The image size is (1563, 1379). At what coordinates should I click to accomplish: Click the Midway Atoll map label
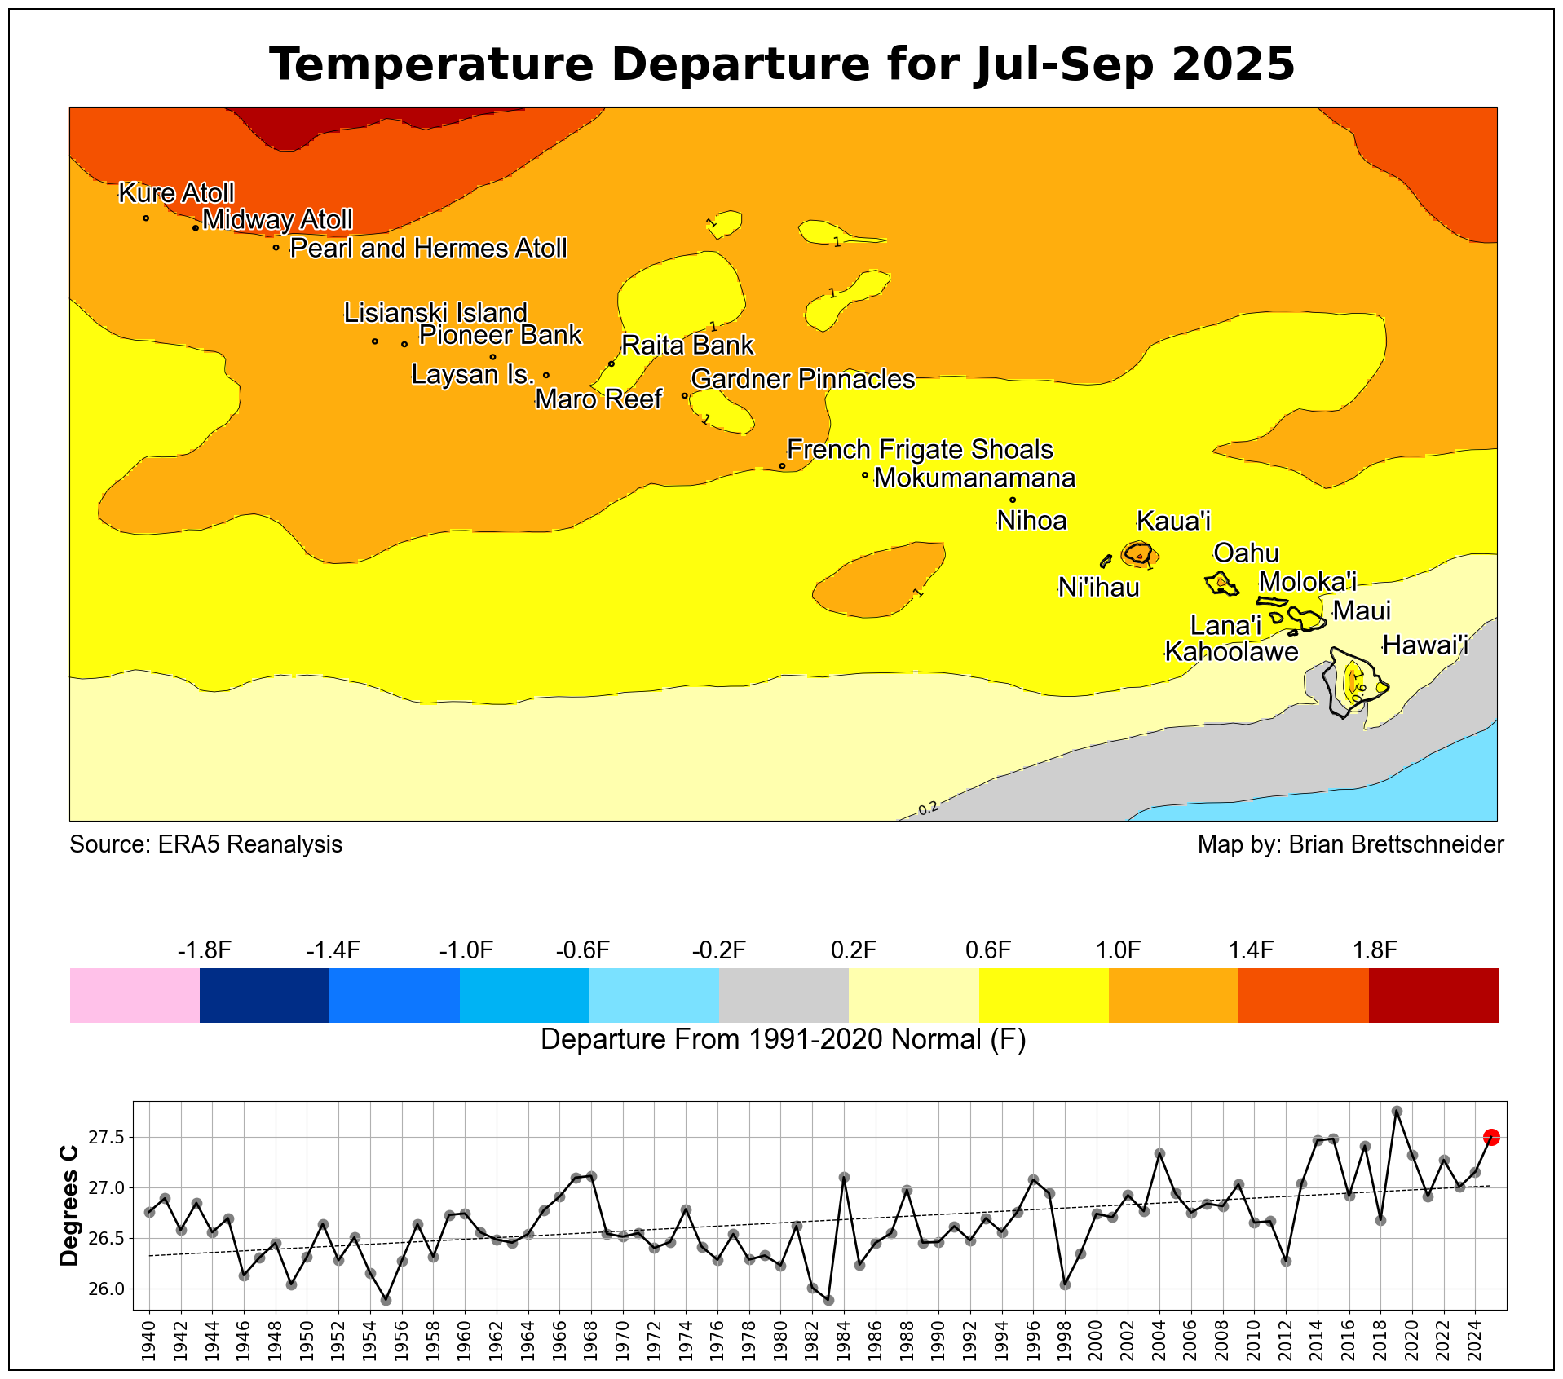[277, 220]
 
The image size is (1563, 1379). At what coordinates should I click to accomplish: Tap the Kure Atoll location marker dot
[146, 218]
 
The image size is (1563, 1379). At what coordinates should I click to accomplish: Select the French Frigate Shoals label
[920, 450]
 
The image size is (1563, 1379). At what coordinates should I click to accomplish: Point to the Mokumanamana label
[974, 478]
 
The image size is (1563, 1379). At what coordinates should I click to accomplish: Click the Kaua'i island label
[1173, 521]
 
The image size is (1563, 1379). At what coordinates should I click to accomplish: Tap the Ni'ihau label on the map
[1098, 587]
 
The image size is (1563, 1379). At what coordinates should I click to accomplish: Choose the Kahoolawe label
[1231, 652]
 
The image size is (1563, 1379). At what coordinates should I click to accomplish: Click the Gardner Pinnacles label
[802, 379]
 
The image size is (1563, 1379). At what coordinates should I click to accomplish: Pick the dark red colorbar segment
[1433, 995]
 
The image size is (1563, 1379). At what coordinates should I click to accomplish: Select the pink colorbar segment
[135, 995]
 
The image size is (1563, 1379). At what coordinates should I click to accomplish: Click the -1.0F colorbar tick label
[466, 950]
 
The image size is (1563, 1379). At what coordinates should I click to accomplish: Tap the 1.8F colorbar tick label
[1375, 950]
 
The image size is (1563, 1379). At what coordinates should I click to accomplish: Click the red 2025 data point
[1491, 1138]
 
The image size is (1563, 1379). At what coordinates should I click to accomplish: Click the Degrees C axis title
[70, 1205]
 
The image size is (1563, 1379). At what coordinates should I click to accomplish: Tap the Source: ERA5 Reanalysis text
[205, 844]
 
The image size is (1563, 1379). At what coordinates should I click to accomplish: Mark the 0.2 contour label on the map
[928, 808]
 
